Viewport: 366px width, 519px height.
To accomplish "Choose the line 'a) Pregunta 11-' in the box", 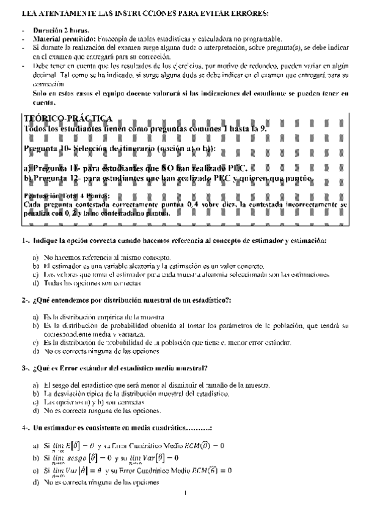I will point(134,167).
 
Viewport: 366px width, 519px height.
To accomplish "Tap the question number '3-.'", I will point(26,368).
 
